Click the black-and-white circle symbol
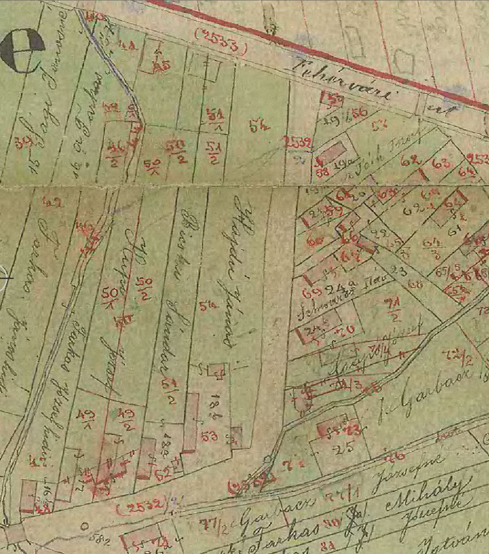point(23,50)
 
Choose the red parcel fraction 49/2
point(125,417)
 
